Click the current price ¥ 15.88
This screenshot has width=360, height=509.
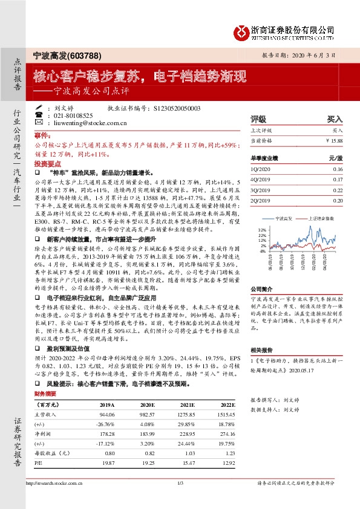click(x=333, y=140)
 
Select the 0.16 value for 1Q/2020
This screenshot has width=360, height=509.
click(x=337, y=169)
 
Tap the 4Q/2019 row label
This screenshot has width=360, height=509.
click(x=260, y=179)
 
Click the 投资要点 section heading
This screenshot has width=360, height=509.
click(x=48, y=164)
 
